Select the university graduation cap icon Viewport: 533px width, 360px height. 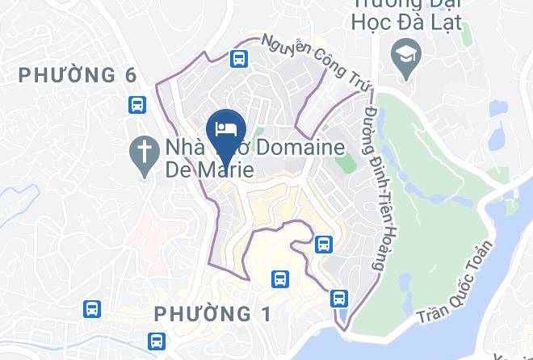pos(401,55)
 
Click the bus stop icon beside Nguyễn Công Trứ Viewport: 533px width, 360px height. pos(238,58)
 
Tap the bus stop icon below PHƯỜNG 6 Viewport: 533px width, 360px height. pos(136,104)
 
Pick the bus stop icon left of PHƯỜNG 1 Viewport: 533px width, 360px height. pos(92,308)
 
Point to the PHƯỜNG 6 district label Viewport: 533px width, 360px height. pos(78,75)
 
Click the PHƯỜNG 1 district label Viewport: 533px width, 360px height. pos(212,312)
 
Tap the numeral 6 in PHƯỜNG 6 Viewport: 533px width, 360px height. pos(130,75)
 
